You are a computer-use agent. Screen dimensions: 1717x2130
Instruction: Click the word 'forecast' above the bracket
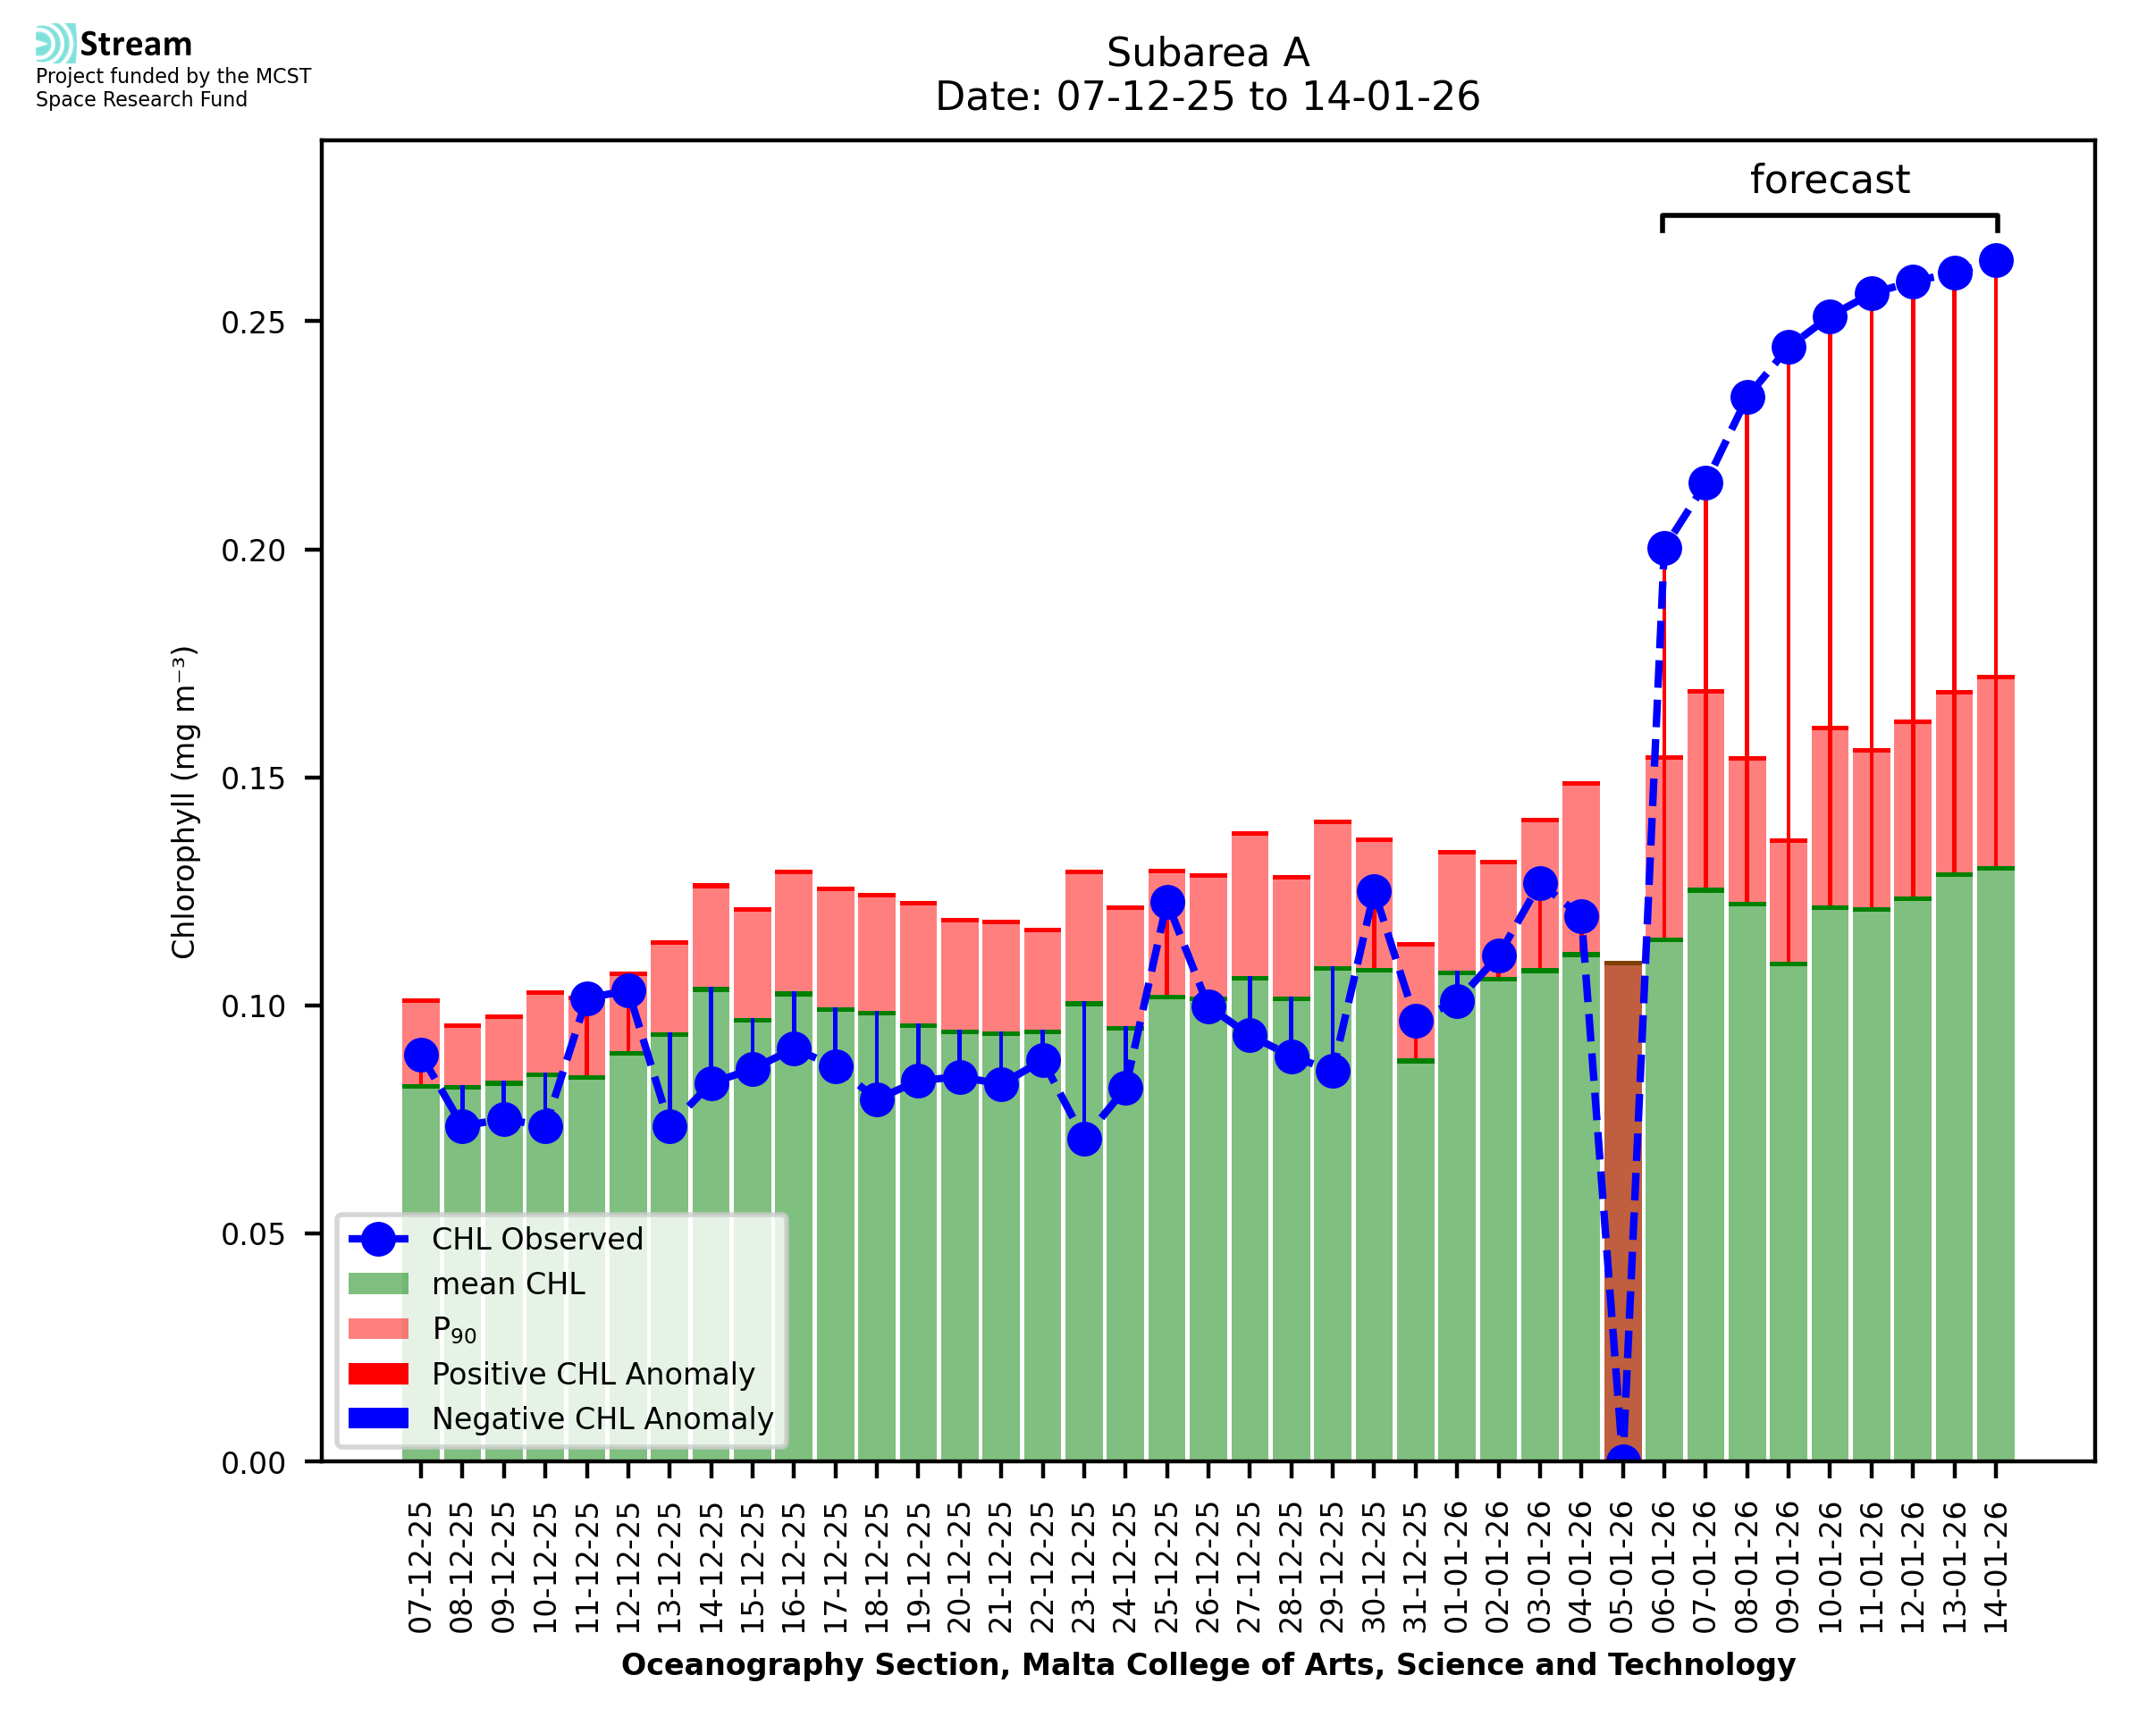pos(1829,180)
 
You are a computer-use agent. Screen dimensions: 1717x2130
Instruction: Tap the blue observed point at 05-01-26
pos(1621,1460)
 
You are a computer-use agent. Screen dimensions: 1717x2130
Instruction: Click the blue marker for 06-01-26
pos(1663,549)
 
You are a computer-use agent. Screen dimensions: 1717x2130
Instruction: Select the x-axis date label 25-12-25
pos(1166,1567)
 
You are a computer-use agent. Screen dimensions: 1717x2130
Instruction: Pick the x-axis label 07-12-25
pos(421,1567)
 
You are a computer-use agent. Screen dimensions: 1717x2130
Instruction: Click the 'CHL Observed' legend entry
pos(537,1240)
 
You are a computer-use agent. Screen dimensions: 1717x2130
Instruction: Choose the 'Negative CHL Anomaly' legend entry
pos(602,1418)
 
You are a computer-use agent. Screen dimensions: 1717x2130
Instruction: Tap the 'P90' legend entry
pos(454,1330)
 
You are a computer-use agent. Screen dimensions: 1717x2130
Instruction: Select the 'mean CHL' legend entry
pos(509,1284)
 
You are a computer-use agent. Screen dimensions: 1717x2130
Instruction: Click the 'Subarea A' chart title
pos(1207,54)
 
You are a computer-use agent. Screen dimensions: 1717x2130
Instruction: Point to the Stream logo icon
pos(55,44)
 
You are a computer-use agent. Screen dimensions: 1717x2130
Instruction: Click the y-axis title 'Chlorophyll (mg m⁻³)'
pos(184,802)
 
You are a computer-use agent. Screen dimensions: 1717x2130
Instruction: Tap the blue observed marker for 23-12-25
pos(1084,1140)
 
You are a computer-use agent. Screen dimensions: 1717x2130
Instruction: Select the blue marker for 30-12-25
pos(1374,891)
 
